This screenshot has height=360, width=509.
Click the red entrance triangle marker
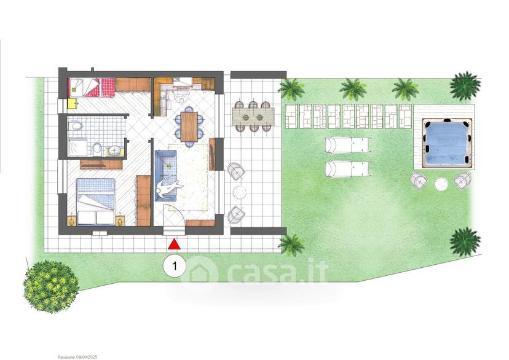[174, 245]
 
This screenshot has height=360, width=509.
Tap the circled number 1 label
[175, 266]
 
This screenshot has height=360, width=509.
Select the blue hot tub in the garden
[447, 143]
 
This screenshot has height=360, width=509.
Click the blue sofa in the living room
[165, 176]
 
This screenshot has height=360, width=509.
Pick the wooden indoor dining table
[189, 127]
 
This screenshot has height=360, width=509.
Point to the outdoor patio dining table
[253, 117]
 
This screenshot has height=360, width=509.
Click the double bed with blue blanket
[96, 202]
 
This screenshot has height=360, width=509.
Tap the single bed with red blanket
[92, 87]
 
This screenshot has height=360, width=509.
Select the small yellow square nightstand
[72, 103]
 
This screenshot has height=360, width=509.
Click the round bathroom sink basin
[114, 151]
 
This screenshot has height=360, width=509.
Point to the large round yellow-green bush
[51, 286]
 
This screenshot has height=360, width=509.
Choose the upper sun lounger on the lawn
[347, 145]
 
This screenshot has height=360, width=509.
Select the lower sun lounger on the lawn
[347, 169]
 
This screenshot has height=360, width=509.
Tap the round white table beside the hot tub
[441, 184]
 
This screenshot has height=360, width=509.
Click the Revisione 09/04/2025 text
[77, 357]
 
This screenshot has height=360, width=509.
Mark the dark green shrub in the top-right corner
[465, 85]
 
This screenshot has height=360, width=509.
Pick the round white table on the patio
[240, 192]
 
